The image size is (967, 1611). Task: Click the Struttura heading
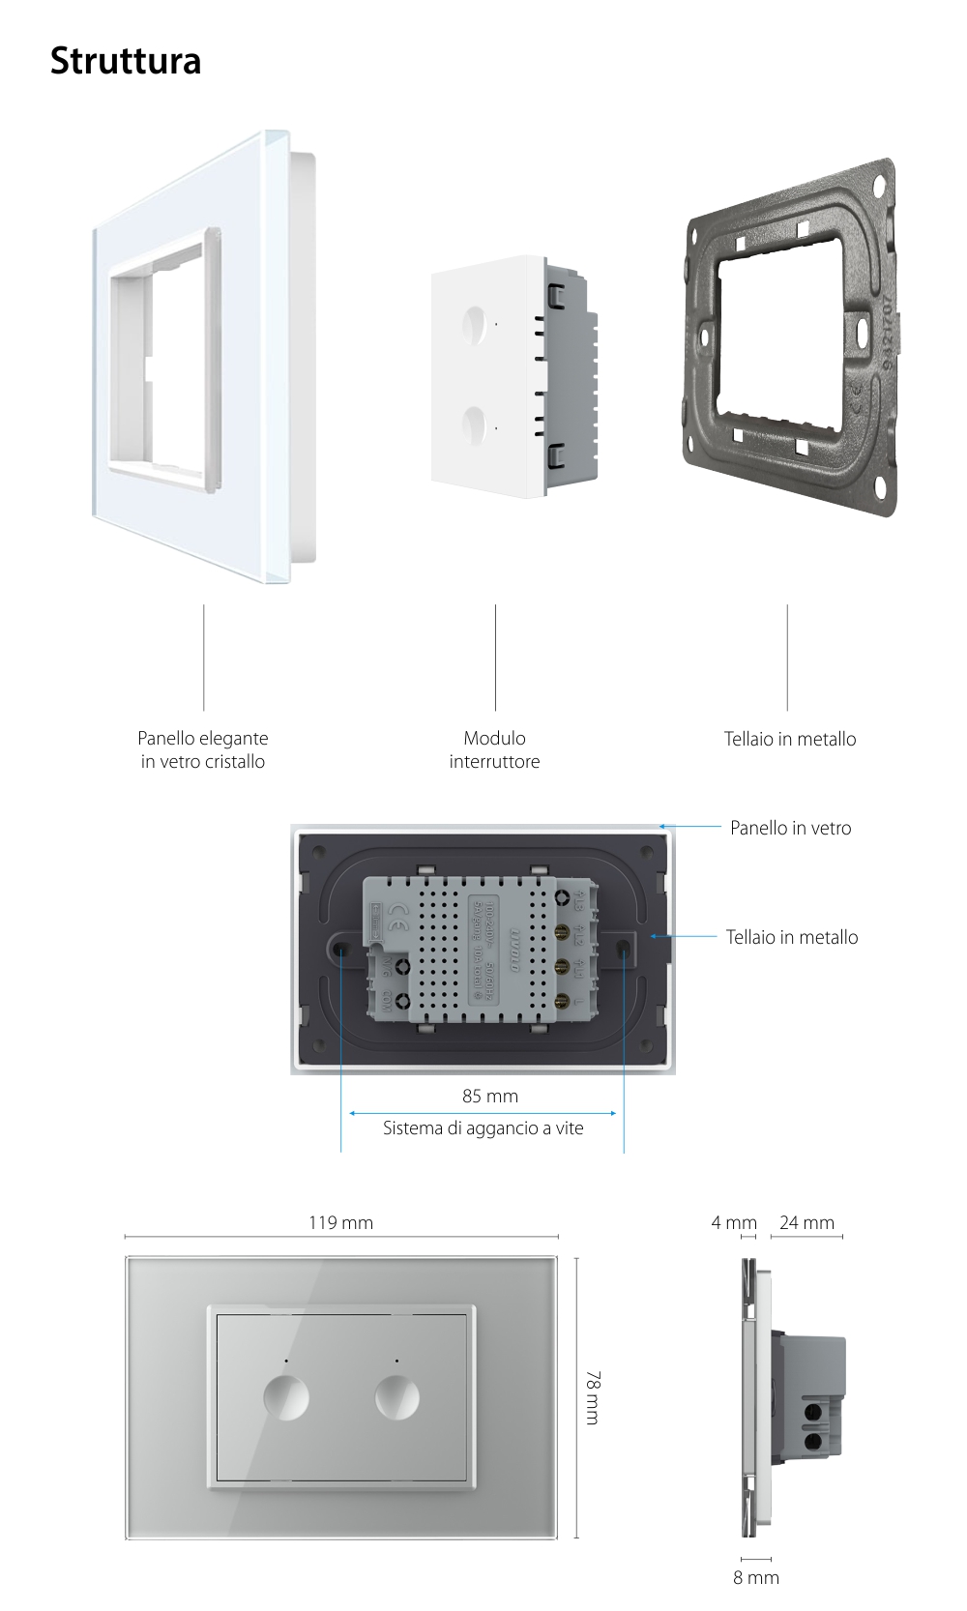(x=126, y=60)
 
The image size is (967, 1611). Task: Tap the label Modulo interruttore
(x=494, y=749)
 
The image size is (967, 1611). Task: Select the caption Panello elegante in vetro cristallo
(x=203, y=749)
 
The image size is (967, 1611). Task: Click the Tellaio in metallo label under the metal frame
(x=790, y=739)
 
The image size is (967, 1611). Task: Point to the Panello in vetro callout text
(x=790, y=828)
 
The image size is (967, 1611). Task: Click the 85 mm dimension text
(x=489, y=1096)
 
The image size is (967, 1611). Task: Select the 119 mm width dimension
(x=340, y=1222)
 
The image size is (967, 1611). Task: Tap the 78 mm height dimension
(x=592, y=1396)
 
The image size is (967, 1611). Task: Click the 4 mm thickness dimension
(x=733, y=1222)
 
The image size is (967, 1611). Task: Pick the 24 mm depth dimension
(x=806, y=1222)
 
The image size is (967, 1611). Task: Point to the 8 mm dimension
(x=755, y=1577)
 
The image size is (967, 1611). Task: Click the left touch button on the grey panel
(x=286, y=1397)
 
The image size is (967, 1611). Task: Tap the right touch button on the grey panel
(x=396, y=1397)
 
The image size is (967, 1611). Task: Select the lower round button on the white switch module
(x=476, y=424)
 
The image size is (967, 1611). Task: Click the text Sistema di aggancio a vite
(x=483, y=1128)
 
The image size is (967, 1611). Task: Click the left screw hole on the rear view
(x=342, y=951)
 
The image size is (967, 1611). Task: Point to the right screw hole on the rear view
(x=624, y=951)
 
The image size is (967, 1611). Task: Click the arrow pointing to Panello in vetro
(x=691, y=828)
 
